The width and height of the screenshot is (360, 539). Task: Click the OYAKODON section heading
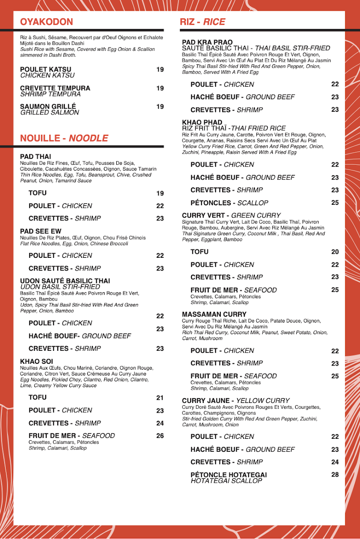[46, 22]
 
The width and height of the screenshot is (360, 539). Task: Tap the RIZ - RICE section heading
[202, 22]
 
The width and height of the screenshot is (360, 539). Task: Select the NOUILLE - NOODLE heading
[64, 138]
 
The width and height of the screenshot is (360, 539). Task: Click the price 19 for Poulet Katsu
[160, 70]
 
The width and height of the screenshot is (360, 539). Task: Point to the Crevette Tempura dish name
[55, 88]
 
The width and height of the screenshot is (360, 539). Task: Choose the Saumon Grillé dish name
[48, 106]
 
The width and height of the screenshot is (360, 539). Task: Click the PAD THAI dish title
[35, 156]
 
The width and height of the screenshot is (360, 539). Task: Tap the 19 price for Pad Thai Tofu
[160, 194]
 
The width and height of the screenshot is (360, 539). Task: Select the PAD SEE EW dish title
[41, 231]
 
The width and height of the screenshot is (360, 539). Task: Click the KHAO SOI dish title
[37, 361]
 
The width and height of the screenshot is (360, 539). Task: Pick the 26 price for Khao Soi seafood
[160, 436]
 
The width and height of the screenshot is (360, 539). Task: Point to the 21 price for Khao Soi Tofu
[160, 398]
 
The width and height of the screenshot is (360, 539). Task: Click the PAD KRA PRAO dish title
[207, 42]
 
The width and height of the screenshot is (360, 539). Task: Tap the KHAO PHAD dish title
[202, 122]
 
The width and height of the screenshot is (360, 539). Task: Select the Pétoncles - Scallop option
[229, 203]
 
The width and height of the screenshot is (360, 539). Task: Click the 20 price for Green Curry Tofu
[335, 252]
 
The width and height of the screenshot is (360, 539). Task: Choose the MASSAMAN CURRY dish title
[214, 314]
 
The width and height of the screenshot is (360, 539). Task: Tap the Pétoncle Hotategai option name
[228, 475]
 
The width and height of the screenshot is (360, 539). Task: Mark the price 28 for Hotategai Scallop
[335, 475]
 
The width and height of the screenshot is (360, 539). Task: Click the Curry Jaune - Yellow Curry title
[236, 401]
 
